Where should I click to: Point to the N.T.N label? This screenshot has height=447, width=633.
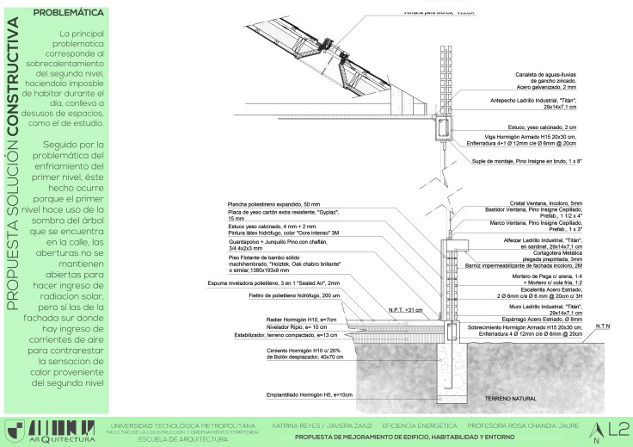click(x=603, y=326)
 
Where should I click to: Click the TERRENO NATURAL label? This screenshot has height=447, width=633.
click(x=514, y=400)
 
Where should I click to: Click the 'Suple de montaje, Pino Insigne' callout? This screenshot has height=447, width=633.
click(x=521, y=161)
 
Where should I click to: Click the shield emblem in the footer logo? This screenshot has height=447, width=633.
click(x=13, y=429)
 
